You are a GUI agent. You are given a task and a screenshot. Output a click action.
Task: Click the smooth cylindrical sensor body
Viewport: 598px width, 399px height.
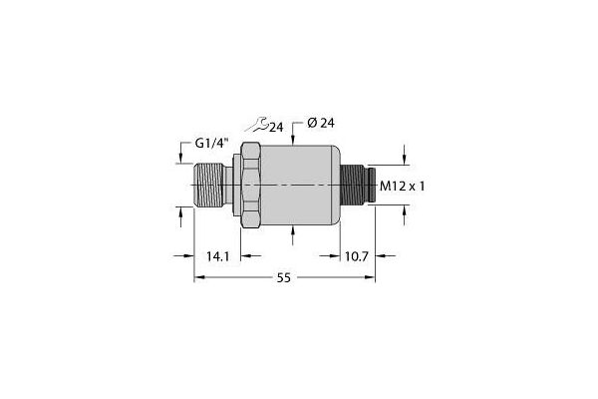[304, 186]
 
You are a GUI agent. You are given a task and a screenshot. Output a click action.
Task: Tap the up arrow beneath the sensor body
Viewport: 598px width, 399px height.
[293, 230]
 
